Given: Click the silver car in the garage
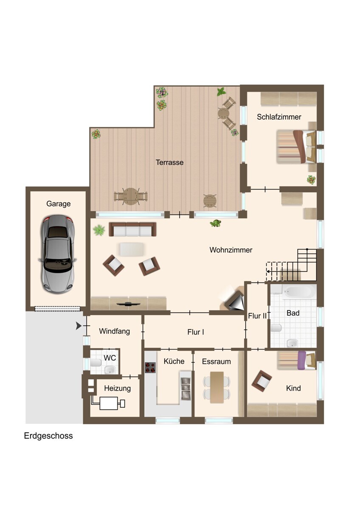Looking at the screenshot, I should (x=57, y=254).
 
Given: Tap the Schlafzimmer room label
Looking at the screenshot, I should (x=279, y=117).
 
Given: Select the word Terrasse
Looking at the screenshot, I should (x=169, y=162).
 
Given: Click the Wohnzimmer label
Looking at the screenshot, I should (x=231, y=250).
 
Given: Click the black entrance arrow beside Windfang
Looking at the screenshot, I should (x=79, y=326).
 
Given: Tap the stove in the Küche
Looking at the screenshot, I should (x=150, y=367).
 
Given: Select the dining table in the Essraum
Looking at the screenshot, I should (x=217, y=387).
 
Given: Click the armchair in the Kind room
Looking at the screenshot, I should (x=262, y=381).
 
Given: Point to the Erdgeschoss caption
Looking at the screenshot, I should (x=48, y=436).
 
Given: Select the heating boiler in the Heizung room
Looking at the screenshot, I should (x=109, y=403).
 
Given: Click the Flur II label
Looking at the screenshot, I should (x=257, y=316).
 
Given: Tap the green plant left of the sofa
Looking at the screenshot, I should (x=99, y=230).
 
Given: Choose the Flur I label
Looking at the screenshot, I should (x=196, y=332).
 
